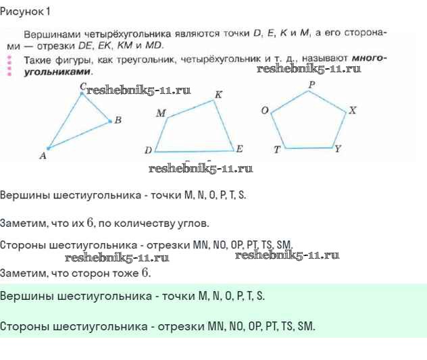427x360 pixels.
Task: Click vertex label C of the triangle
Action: (83, 86)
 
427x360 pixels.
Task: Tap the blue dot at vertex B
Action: (110, 121)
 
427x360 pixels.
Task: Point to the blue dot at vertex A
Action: (49, 149)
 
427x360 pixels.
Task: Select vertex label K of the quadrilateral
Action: (219, 95)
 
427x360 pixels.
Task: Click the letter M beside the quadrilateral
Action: (161, 113)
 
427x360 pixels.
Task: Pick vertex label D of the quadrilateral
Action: (149, 150)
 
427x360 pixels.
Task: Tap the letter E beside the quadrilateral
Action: (239, 149)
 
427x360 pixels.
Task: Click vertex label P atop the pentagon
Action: (312, 84)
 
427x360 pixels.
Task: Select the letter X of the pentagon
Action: (353, 110)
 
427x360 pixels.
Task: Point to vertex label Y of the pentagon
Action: (338, 149)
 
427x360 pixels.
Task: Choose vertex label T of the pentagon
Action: (277, 149)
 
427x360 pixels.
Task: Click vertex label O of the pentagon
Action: (265, 110)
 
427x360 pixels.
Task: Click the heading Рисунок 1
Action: (25, 11)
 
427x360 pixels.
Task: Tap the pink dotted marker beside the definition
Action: (9, 66)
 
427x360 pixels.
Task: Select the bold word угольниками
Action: (57, 72)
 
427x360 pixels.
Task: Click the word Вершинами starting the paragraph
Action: (52, 34)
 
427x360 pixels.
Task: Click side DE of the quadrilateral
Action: (195, 151)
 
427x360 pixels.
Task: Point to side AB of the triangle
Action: (79, 135)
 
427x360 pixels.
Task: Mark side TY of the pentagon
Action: (309, 148)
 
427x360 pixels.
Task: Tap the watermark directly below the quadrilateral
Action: (201, 168)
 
